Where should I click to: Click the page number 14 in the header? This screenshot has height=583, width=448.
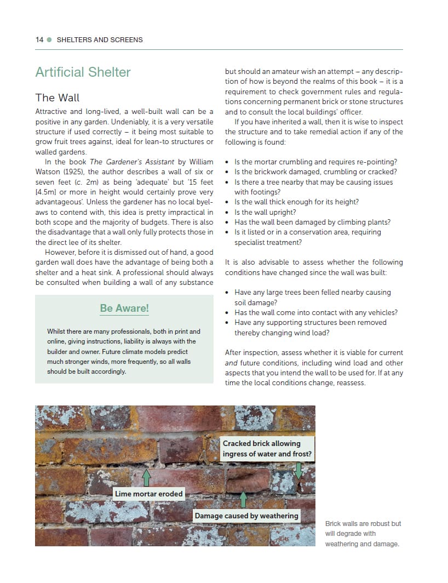pyautogui.click(x=39, y=40)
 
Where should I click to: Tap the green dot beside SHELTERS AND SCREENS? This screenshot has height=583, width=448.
pyautogui.click(x=49, y=40)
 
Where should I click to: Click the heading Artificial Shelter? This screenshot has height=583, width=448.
pyautogui.click(x=83, y=72)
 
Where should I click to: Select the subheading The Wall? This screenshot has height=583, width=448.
pyautogui.click(x=58, y=98)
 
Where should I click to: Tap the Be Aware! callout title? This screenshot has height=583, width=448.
pyautogui.click(x=124, y=308)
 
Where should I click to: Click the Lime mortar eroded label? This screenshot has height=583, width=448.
pyautogui.click(x=148, y=494)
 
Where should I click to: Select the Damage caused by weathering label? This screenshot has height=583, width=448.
pyautogui.click(x=246, y=516)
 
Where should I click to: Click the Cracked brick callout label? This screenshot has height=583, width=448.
pyautogui.click(x=267, y=448)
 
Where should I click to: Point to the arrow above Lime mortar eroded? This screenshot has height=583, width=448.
pyautogui.click(x=146, y=477)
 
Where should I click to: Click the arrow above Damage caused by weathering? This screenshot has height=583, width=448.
pyautogui.click(x=243, y=499)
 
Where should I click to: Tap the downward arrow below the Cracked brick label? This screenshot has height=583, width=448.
pyautogui.click(x=298, y=471)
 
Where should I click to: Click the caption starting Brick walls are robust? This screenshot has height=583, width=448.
pyautogui.click(x=363, y=534)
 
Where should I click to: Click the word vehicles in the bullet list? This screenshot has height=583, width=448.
pyautogui.click(x=383, y=312)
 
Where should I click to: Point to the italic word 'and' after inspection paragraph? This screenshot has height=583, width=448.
pyautogui.click(x=231, y=363)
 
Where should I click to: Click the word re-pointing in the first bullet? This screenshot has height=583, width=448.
pyautogui.click(x=377, y=162)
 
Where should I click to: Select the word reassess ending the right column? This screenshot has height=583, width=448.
pyautogui.click(x=350, y=382)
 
